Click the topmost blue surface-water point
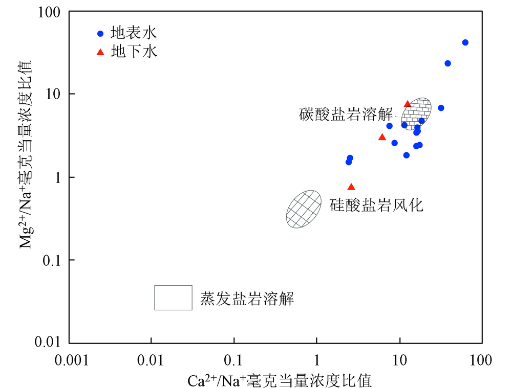click(465, 42)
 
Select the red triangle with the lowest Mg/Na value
click(351, 187)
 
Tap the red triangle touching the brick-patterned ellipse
click(408, 104)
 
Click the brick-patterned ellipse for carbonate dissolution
click(417, 113)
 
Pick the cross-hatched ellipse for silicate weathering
click(304, 209)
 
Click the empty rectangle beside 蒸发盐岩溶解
click(174, 298)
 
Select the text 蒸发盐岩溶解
click(247, 299)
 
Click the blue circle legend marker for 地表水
click(100, 34)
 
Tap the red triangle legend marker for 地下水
click(100, 52)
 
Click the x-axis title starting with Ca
click(279, 380)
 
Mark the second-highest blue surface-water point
click(447, 63)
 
